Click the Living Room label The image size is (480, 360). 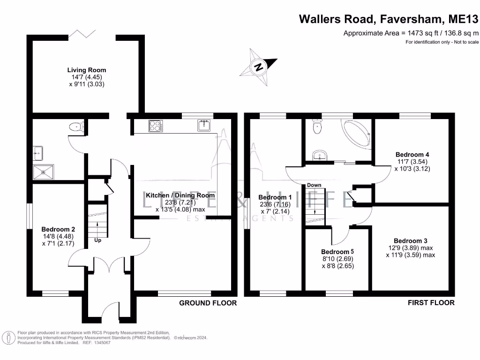pos(87,70)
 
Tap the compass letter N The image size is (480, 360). pos(259,67)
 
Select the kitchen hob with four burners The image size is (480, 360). pos(156,126)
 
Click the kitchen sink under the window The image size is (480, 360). pos(204,126)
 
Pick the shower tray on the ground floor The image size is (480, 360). pos(43,172)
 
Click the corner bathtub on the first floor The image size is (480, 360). pos(357,134)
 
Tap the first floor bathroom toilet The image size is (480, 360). pos(317,126)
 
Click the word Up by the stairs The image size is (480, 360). pos(97,240)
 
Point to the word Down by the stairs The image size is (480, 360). pos(314,185)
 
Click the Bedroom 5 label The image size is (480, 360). pos(337,252)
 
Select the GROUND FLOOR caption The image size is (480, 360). pos(208,303)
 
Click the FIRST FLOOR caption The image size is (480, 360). pos(431,303)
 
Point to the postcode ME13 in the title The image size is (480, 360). pos(463,19)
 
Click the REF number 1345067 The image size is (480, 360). pos(102,343)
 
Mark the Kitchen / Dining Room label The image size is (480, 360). pos(180,195)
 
